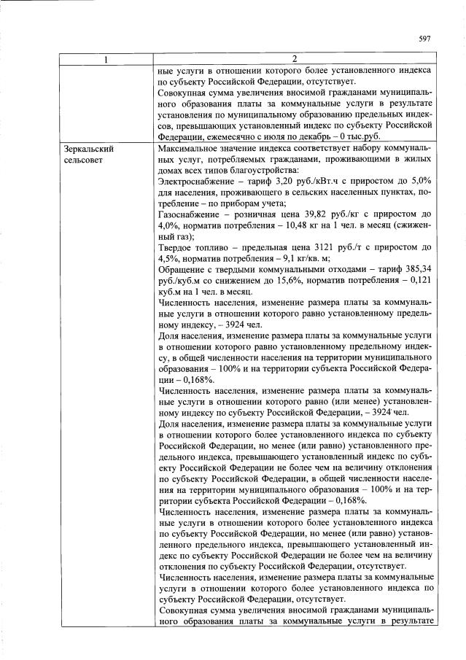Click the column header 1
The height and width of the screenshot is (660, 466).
click(106, 59)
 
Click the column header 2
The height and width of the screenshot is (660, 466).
click(295, 59)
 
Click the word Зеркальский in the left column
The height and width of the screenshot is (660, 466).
click(88, 147)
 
